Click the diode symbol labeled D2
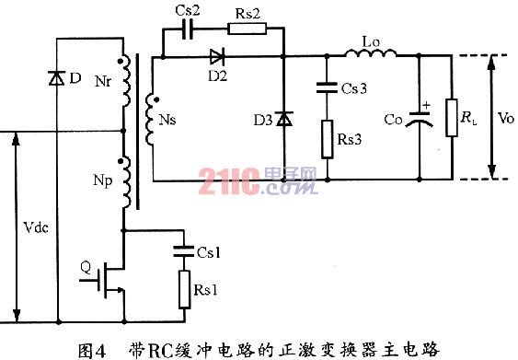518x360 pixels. [x=218, y=57]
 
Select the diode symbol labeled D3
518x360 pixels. [x=284, y=119]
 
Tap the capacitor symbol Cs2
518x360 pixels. [x=188, y=29]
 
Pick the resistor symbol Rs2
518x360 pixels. [x=247, y=29]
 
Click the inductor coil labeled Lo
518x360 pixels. [x=371, y=52]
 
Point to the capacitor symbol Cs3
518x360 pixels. [x=327, y=88]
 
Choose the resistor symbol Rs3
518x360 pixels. [x=328, y=139]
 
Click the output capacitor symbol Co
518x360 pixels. [x=420, y=119]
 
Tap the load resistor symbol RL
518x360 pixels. [x=452, y=117]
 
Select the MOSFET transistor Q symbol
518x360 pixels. [x=109, y=280]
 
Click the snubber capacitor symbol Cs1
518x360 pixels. [x=184, y=251]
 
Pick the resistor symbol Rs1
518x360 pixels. [x=184, y=290]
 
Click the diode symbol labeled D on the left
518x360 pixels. [x=57, y=78]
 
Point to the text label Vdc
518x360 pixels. [x=36, y=227]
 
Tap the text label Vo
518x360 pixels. [x=505, y=118]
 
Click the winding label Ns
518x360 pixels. [x=167, y=120]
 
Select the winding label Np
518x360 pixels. [x=103, y=181]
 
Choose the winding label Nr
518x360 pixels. [x=103, y=81]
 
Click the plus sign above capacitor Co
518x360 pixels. [x=427, y=106]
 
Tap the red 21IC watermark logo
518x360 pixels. [x=229, y=181]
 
